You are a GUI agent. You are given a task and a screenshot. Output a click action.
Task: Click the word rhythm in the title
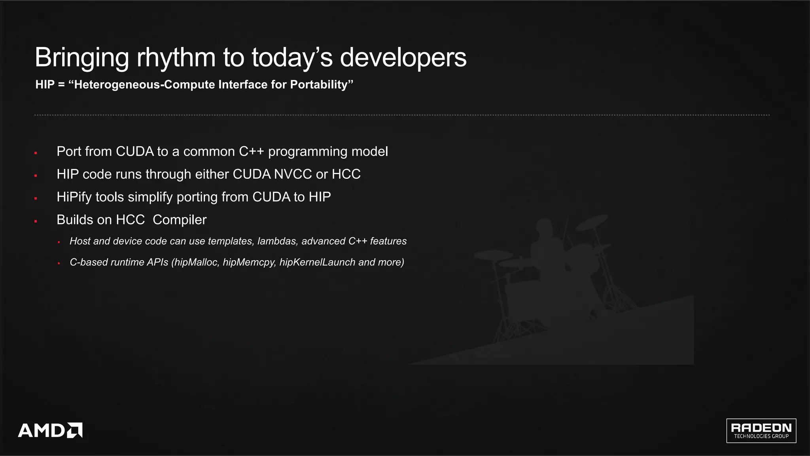pyautogui.click(x=176, y=58)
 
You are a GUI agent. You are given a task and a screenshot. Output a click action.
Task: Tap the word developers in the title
pyautogui.click(x=403, y=58)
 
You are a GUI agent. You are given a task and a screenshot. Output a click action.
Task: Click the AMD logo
pyautogui.click(x=50, y=430)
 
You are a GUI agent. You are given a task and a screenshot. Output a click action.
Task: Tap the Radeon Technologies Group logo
pyautogui.click(x=761, y=431)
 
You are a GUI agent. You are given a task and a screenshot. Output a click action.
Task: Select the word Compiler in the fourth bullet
pyautogui.click(x=180, y=220)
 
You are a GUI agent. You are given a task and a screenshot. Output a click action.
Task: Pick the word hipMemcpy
pyautogui.click(x=249, y=263)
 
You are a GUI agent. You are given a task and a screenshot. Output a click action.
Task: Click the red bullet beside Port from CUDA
pyautogui.click(x=36, y=153)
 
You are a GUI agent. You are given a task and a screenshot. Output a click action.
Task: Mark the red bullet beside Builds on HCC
pyautogui.click(x=36, y=221)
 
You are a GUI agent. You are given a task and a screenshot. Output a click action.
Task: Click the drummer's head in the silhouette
pyautogui.click(x=545, y=227)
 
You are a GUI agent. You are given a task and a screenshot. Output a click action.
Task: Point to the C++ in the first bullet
pyautogui.click(x=251, y=151)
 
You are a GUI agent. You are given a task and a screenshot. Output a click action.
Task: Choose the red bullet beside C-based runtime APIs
pyautogui.click(x=59, y=263)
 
